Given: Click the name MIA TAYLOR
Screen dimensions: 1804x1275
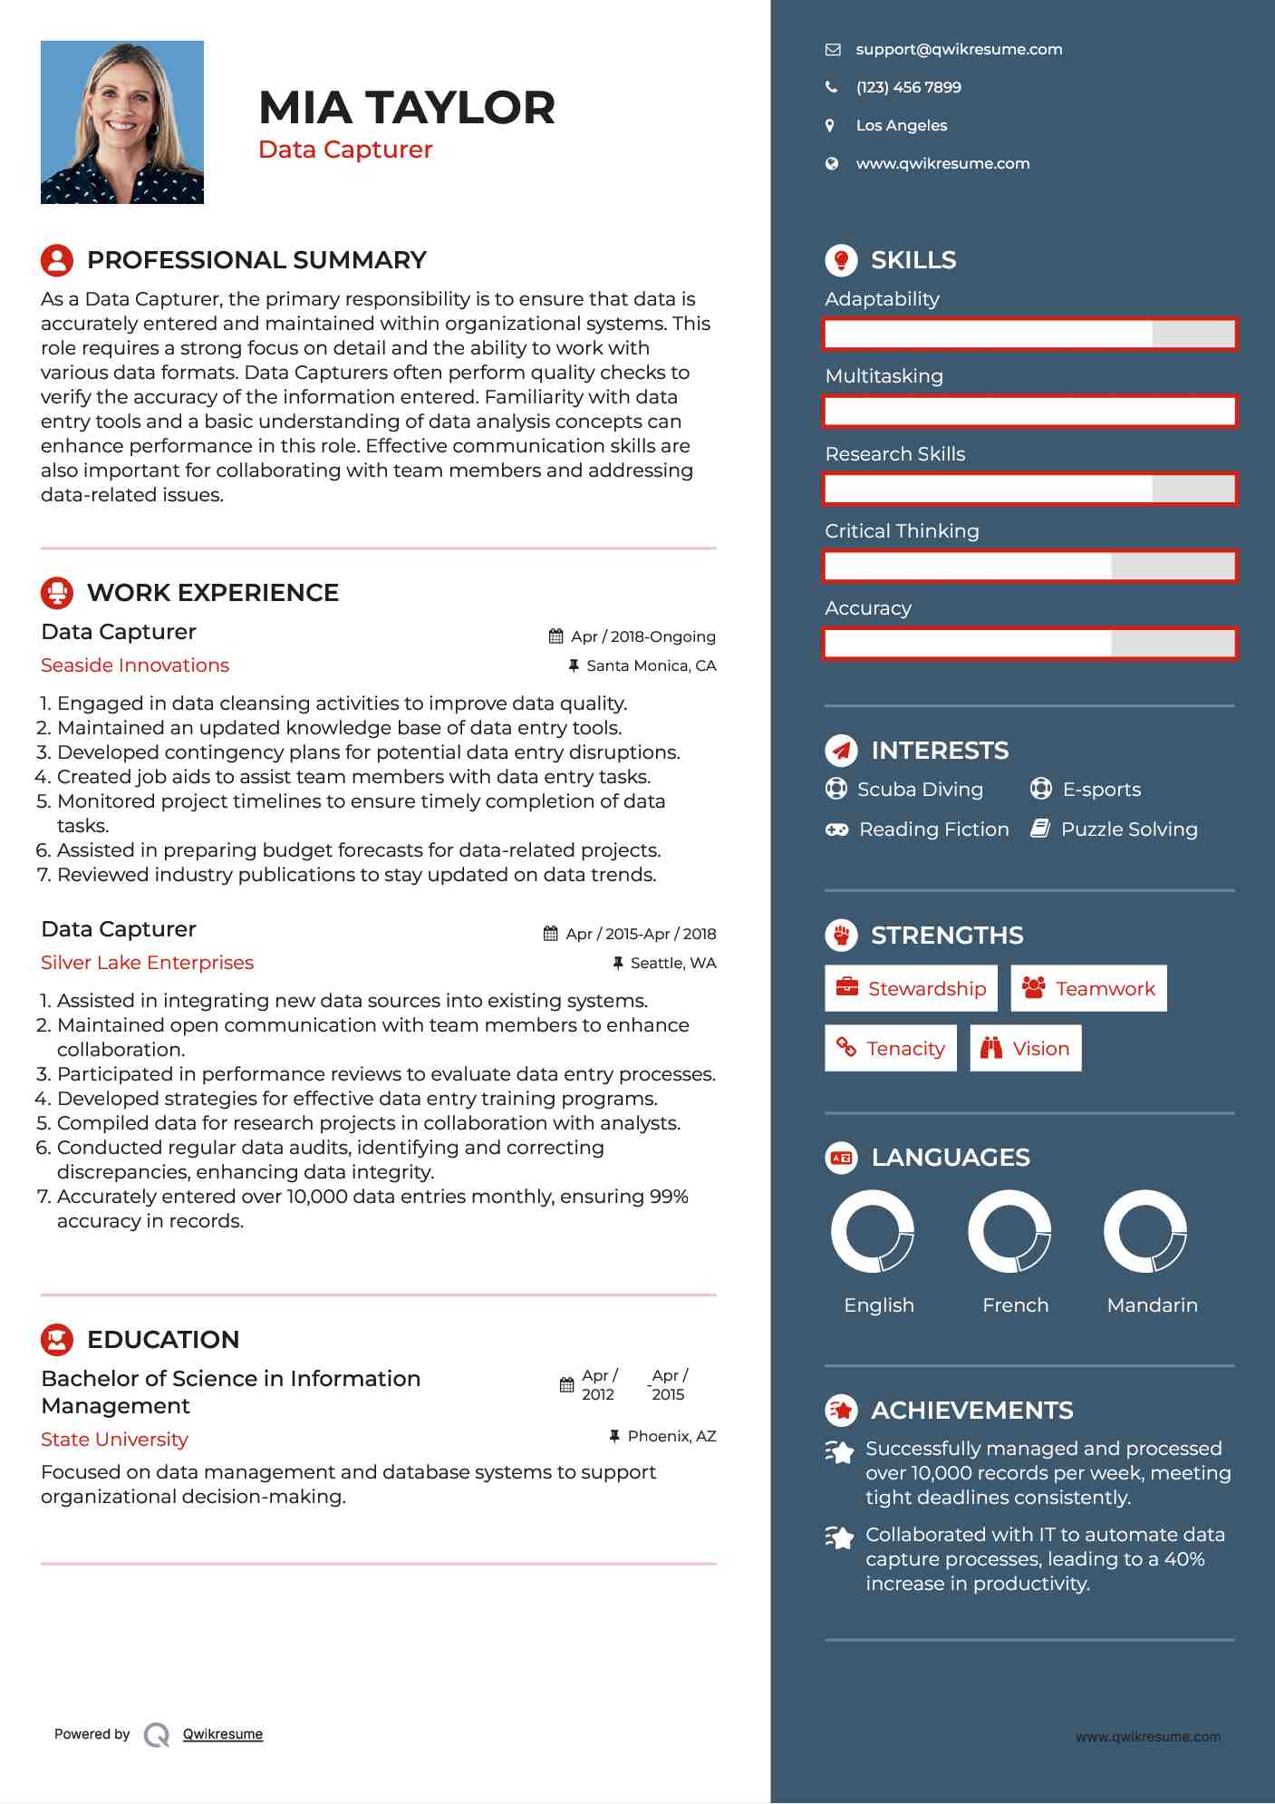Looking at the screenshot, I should pos(406,108).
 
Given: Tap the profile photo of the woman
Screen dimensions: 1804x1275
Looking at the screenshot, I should pos(122,122).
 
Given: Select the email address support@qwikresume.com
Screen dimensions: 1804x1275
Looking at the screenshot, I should pos(959,50).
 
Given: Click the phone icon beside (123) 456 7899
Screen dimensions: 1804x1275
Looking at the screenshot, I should pos(831,88).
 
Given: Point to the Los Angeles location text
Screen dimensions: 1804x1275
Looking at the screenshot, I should pos(901,126).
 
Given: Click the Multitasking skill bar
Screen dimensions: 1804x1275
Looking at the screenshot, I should pos(1029,412).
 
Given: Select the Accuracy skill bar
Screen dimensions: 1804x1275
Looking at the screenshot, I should pos(1029,644).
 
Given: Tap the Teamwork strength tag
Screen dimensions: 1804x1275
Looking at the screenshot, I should pos(1088,989).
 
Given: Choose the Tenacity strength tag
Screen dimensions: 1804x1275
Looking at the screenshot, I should pos(891,1049).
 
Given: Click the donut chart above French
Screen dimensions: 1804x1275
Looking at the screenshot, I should pos(1009,1232).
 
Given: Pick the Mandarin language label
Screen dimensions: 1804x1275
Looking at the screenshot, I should pos(1152,1305).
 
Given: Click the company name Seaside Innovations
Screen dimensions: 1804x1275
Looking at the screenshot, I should pos(135,665).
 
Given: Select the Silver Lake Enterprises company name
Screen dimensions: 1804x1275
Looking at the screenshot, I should pos(147,963).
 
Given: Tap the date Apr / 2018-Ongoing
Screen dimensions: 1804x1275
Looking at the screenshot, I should pos(642,637).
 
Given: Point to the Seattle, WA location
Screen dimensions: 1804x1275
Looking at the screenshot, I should pos(672,964).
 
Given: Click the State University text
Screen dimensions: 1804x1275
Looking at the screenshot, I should pos(114,1440).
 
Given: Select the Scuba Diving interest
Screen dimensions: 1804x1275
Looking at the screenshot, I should pos(920,790).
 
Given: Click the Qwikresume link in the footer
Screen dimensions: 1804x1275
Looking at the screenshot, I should pos(223,1734).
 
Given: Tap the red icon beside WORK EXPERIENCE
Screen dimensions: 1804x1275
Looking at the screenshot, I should pos(57,593).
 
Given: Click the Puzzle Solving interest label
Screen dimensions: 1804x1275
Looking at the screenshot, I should pos(1128,829).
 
